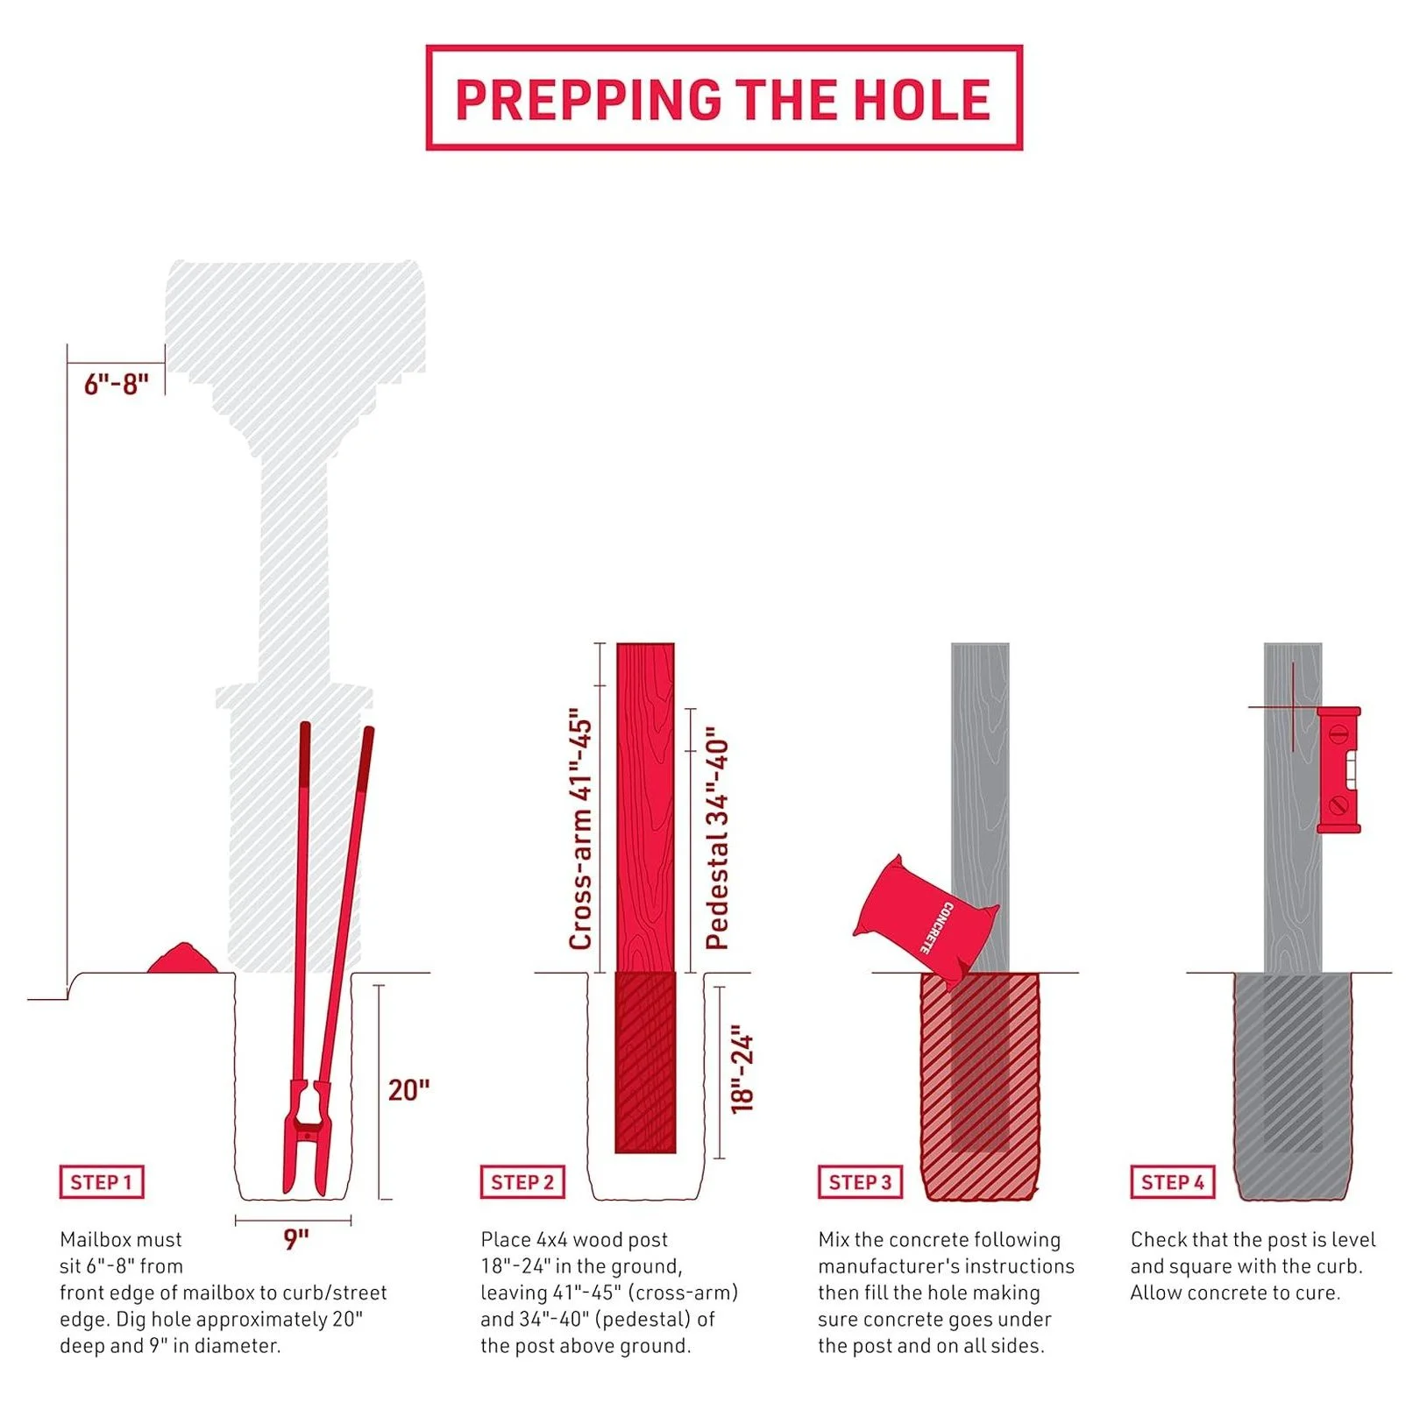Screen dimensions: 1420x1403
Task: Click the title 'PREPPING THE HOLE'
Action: (x=723, y=98)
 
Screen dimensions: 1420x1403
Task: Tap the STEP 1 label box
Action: (x=102, y=1182)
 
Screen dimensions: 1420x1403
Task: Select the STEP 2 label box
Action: (x=522, y=1182)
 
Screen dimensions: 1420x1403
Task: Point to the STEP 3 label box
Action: (x=860, y=1182)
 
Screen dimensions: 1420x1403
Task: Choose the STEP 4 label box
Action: (x=1173, y=1182)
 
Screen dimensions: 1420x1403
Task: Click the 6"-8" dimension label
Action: (x=117, y=384)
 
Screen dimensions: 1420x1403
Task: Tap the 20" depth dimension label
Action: (x=408, y=1090)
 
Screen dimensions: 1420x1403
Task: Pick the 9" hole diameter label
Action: (x=296, y=1239)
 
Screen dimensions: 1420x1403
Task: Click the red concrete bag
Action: (x=926, y=920)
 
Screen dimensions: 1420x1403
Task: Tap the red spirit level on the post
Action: (x=1338, y=769)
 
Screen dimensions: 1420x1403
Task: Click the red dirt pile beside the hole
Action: (x=182, y=958)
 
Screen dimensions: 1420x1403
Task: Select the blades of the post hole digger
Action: (x=307, y=1139)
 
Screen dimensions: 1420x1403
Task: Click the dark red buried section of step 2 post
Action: (x=645, y=1062)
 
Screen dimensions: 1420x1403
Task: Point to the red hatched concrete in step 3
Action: (x=980, y=1087)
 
